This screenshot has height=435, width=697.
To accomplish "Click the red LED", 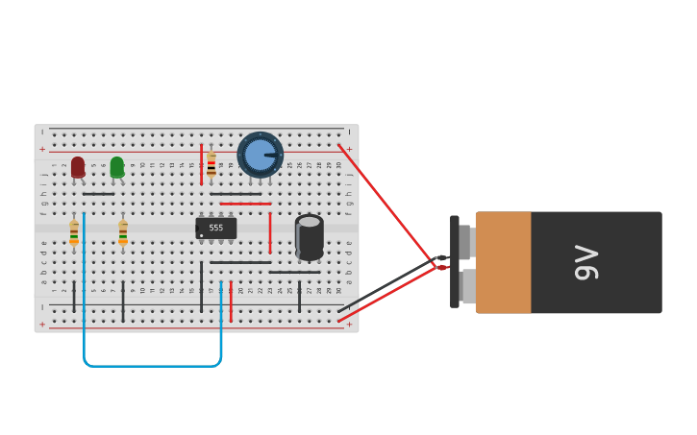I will pyautogui.click(x=78, y=167).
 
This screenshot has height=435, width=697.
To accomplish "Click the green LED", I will pyautogui.click(x=117, y=167).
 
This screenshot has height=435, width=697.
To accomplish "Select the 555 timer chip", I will pyautogui.click(x=215, y=228).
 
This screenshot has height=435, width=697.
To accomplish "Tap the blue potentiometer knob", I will pyautogui.click(x=260, y=155).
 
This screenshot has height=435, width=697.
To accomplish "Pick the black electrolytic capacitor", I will pyautogui.click(x=309, y=237).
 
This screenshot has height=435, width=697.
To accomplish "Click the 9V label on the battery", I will pyautogui.click(x=585, y=262).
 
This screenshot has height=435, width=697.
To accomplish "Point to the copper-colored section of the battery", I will pyautogui.click(x=503, y=262).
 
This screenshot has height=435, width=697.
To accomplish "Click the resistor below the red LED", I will pyautogui.click(x=74, y=232).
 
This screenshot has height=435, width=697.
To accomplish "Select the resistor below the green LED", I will pyautogui.click(x=123, y=232).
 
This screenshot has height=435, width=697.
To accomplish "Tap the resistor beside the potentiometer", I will pyautogui.click(x=212, y=165).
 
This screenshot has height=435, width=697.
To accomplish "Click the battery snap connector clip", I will pyautogui.click(x=455, y=261).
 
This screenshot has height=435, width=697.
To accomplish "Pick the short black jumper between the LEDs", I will pyautogui.click(x=98, y=194).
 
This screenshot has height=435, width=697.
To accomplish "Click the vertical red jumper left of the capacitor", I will pyautogui.click(x=270, y=232).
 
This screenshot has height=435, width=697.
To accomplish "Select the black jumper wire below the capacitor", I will pyautogui.click(x=294, y=272).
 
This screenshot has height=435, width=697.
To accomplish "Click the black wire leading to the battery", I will pyautogui.click(x=385, y=285).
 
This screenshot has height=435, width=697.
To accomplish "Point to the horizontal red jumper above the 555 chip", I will pyautogui.click(x=245, y=204).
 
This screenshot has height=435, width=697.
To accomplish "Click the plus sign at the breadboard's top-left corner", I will pyautogui.click(x=41, y=149).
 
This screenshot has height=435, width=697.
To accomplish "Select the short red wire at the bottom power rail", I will pyautogui.click(x=231, y=302).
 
